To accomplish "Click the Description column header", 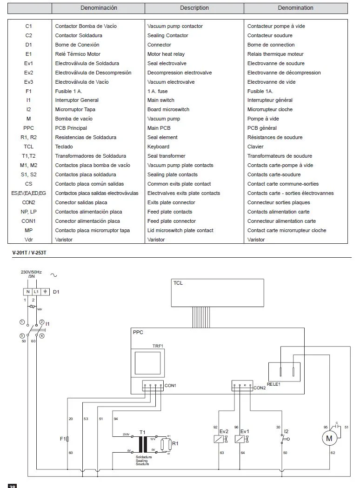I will [194, 8].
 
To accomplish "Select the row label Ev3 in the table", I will [29, 82].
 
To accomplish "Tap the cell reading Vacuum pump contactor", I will [175, 26].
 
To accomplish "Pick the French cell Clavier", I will [255, 147].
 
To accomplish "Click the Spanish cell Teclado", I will [64, 147].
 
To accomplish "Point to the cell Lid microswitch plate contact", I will [180, 230].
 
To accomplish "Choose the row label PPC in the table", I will [29, 128].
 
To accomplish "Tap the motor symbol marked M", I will [329, 438].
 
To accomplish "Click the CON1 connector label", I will [171, 386].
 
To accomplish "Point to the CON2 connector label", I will [260, 388].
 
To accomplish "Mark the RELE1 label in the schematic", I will [273, 384].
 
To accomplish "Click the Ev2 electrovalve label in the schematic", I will [223, 431].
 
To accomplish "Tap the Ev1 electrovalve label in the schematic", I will [245, 431].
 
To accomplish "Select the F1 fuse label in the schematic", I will [63, 439].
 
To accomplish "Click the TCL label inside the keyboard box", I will [178, 283].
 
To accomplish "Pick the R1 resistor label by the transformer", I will [175, 443].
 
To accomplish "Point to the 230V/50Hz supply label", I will [31, 272].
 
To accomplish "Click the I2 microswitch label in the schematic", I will [286, 431].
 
